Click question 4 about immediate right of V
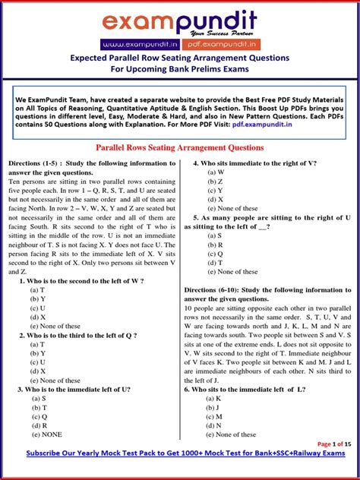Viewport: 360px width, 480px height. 255,163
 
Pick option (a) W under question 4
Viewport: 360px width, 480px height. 216,172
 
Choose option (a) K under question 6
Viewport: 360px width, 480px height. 214,398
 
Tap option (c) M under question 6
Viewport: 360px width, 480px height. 215,416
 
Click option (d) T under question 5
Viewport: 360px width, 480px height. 215,262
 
